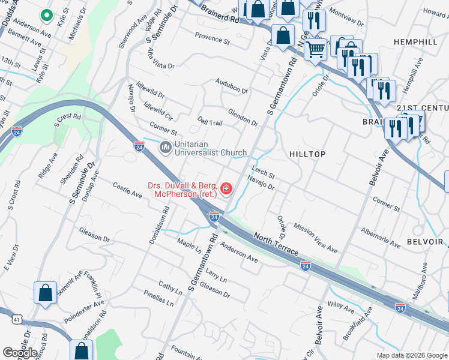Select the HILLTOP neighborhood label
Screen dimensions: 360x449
[307, 154]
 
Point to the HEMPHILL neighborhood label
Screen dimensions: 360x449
[415, 41]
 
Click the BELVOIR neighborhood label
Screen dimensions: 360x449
[426, 242]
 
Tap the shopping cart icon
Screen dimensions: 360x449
[315, 49]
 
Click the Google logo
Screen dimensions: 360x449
[19, 352]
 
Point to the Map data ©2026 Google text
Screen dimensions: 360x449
[411, 355]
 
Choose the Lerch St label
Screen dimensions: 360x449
[263, 172]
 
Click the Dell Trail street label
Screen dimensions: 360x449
[210, 122]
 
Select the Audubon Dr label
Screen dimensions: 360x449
[232, 87]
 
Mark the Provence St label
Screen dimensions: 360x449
[212, 40]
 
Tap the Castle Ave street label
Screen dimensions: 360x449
[127, 191]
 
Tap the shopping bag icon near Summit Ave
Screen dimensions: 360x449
[45, 293]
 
